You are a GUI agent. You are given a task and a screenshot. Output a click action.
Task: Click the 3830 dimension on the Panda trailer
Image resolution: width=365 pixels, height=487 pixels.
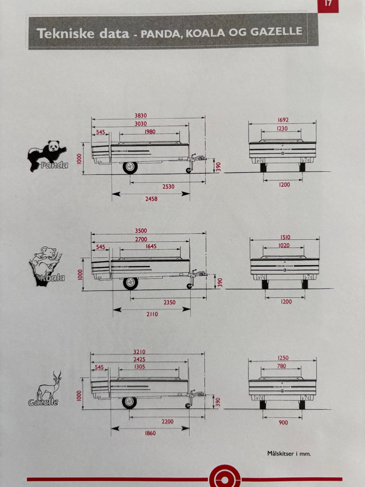tap(141, 116)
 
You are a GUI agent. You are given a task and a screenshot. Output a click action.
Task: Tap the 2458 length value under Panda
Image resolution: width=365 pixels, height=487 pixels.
tap(151, 199)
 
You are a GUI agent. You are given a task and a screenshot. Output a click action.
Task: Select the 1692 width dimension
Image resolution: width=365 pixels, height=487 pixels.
tap(283, 120)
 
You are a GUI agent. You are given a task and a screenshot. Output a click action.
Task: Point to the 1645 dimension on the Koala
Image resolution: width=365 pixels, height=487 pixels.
tap(151, 246)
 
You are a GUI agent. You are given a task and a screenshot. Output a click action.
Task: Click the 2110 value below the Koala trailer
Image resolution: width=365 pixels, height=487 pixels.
tap(152, 314)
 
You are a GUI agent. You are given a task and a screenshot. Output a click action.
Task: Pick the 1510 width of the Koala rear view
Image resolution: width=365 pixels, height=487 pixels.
tap(285, 237)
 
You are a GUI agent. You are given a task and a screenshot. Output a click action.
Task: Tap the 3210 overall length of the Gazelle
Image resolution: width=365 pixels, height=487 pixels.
tap(139, 352)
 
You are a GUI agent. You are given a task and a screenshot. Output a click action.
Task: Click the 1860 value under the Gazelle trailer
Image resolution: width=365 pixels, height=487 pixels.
tap(150, 433)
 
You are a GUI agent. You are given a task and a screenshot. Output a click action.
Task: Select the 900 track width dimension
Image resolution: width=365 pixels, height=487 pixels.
tap(283, 422)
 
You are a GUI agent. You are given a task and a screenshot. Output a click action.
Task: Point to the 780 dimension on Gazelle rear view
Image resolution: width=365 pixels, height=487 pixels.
tap(281, 366)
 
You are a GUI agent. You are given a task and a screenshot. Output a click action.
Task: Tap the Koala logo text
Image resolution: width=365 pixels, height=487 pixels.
tap(51, 278)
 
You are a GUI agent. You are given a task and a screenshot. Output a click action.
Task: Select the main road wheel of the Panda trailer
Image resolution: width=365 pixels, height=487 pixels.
tap(130, 167)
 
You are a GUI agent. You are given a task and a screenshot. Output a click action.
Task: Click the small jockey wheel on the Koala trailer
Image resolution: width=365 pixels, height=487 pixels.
tap(189, 286)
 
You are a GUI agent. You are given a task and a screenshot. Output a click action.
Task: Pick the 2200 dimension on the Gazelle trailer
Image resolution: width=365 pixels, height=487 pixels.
tap(167, 421)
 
